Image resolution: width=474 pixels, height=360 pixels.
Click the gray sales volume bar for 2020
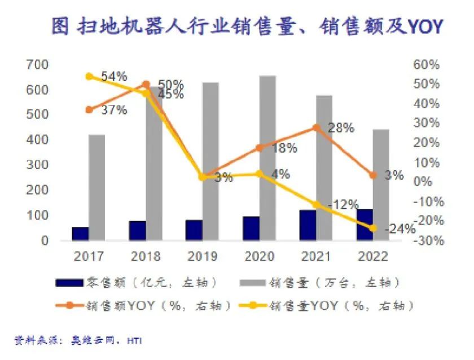tap(267, 158)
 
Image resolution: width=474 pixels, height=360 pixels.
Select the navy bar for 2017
tap(80, 234)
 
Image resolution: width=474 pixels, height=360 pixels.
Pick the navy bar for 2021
tap(308, 225)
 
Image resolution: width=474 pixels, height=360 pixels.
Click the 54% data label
tap(114, 76)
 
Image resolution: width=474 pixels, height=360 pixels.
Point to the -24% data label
tap(400, 229)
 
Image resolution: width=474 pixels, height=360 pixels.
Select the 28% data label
tap(341, 128)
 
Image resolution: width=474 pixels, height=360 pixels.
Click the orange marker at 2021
tap(317, 128)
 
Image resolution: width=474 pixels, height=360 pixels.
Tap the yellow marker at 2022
tap(373, 228)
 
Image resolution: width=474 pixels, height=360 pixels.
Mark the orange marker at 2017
tap(89, 109)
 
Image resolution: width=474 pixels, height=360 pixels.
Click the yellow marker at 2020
tap(259, 174)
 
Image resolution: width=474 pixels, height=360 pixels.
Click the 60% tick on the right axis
tap(425, 65)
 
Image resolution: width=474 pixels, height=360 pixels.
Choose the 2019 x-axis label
tap(203, 257)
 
